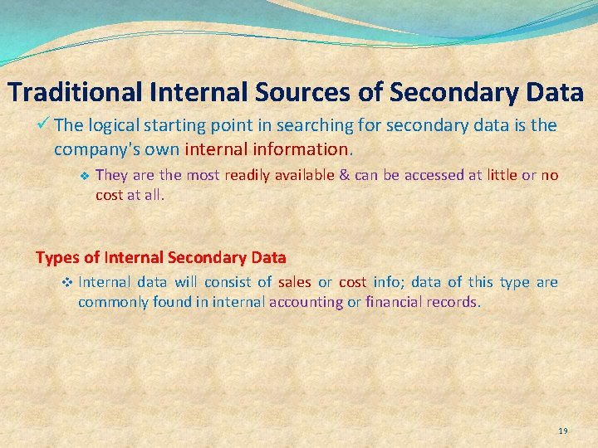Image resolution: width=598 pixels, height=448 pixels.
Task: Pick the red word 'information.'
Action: click(303, 150)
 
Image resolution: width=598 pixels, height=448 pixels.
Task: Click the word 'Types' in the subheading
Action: click(55, 257)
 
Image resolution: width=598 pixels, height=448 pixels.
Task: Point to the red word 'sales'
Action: click(295, 282)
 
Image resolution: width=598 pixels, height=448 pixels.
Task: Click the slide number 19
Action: click(563, 431)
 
